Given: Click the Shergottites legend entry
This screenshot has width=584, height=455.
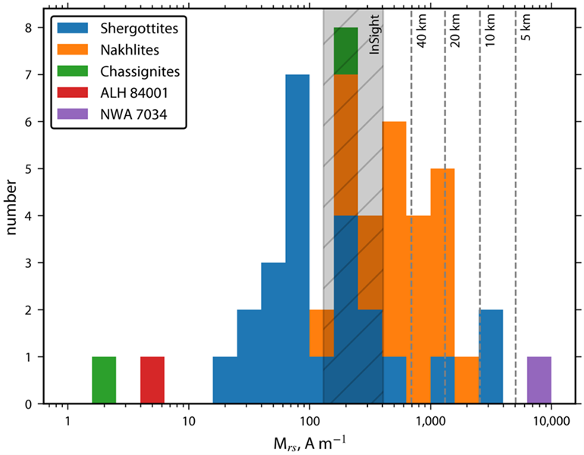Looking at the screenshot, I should [x=137, y=28].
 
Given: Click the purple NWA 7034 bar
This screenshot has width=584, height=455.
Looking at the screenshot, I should [x=538, y=380].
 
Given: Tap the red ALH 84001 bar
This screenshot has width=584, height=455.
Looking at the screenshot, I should [x=152, y=380].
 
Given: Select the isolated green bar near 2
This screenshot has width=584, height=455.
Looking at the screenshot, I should [x=104, y=380].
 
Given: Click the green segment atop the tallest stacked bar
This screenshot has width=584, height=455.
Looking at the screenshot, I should [x=346, y=51].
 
